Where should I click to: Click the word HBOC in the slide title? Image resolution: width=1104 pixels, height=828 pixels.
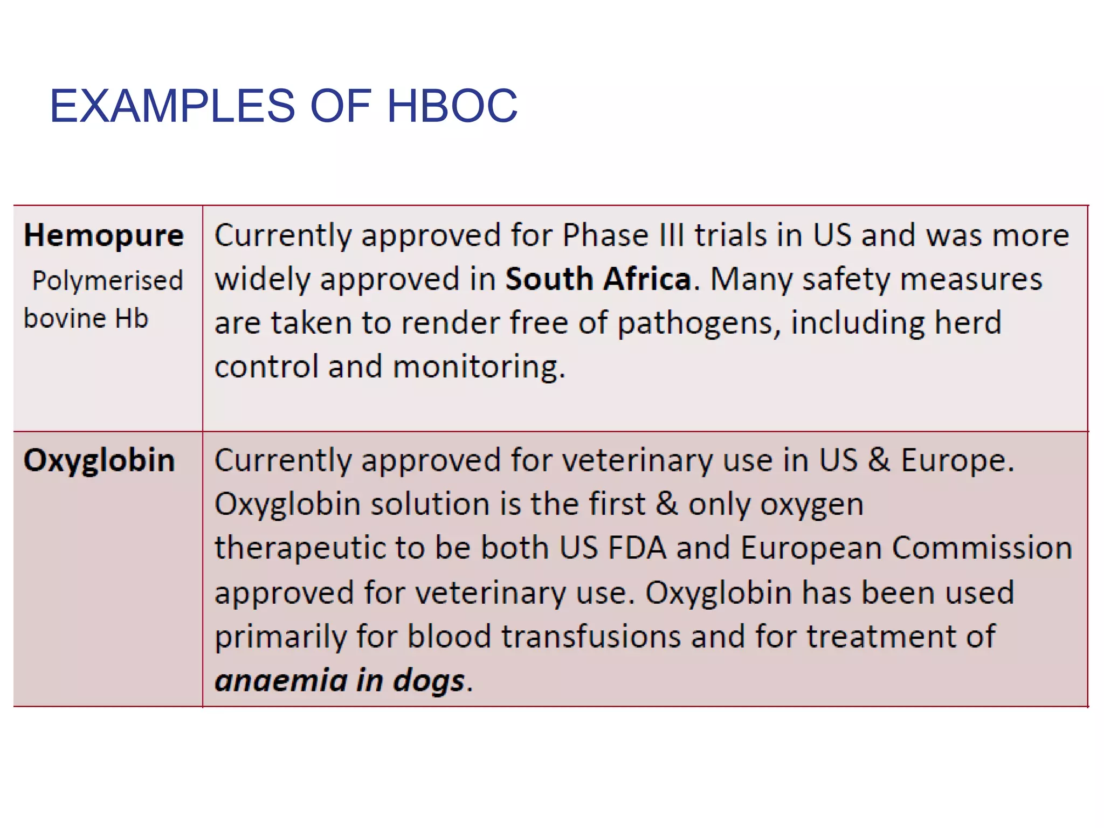(452, 106)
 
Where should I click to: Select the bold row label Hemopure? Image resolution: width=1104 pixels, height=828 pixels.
(104, 236)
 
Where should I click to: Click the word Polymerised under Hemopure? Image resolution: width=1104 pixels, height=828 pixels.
(108, 281)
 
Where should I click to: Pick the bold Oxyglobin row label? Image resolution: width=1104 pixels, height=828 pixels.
(100, 461)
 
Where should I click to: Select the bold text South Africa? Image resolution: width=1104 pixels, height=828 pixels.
(598, 279)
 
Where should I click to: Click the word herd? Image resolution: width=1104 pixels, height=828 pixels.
(968, 323)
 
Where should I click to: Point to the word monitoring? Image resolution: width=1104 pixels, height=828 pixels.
(479, 367)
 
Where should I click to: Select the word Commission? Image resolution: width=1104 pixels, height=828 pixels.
(982, 548)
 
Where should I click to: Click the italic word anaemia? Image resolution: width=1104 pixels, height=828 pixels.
(281, 680)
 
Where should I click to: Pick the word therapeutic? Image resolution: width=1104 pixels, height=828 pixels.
(300, 549)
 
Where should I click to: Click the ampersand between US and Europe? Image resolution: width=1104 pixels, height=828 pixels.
(879, 461)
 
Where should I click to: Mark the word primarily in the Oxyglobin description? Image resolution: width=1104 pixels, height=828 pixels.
(281, 637)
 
